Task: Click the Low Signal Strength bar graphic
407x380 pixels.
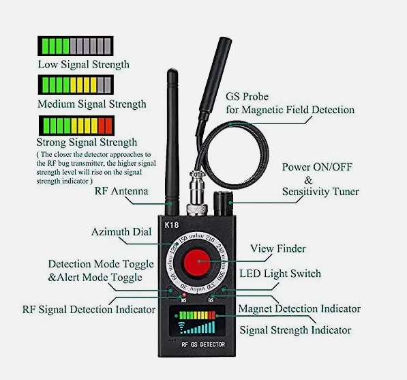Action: (x=75, y=46)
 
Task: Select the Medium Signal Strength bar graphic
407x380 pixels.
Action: (x=75, y=85)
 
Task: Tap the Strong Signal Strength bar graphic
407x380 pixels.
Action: (x=75, y=125)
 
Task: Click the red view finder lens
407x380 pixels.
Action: (x=198, y=261)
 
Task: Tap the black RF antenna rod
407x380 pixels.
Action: (x=171, y=136)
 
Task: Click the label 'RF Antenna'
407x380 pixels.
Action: (x=122, y=192)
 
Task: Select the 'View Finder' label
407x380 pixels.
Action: (x=277, y=248)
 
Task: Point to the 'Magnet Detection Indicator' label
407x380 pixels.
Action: (x=299, y=309)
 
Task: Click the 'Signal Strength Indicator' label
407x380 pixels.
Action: (x=295, y=330)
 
